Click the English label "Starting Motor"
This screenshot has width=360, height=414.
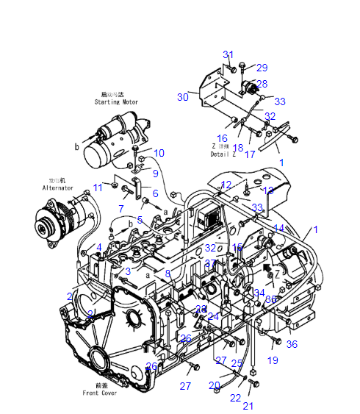click(x=115, y=101)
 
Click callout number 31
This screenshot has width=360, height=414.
click(x=228, y=54)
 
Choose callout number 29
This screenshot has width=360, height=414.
click(x=262, y=68)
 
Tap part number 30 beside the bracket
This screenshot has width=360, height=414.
click(x=183, y=97)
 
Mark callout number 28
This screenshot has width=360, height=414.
click(x=262, y=84)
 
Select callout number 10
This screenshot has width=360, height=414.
click(x=159, y=153)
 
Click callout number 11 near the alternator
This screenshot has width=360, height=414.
click(x=98, y=188)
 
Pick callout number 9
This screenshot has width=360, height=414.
click(x=155, y=174)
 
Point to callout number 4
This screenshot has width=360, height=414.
click(x=99, y=246)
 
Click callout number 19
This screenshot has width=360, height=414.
click(x=273, y=360)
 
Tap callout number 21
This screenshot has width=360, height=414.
click(x=248, y=405)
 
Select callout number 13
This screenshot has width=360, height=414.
click(x=268, y=190)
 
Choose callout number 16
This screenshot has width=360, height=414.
click(x=222, y=138)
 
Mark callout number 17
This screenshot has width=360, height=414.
click(x=250, y=154)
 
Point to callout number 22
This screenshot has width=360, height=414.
click(x=235, y=397)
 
